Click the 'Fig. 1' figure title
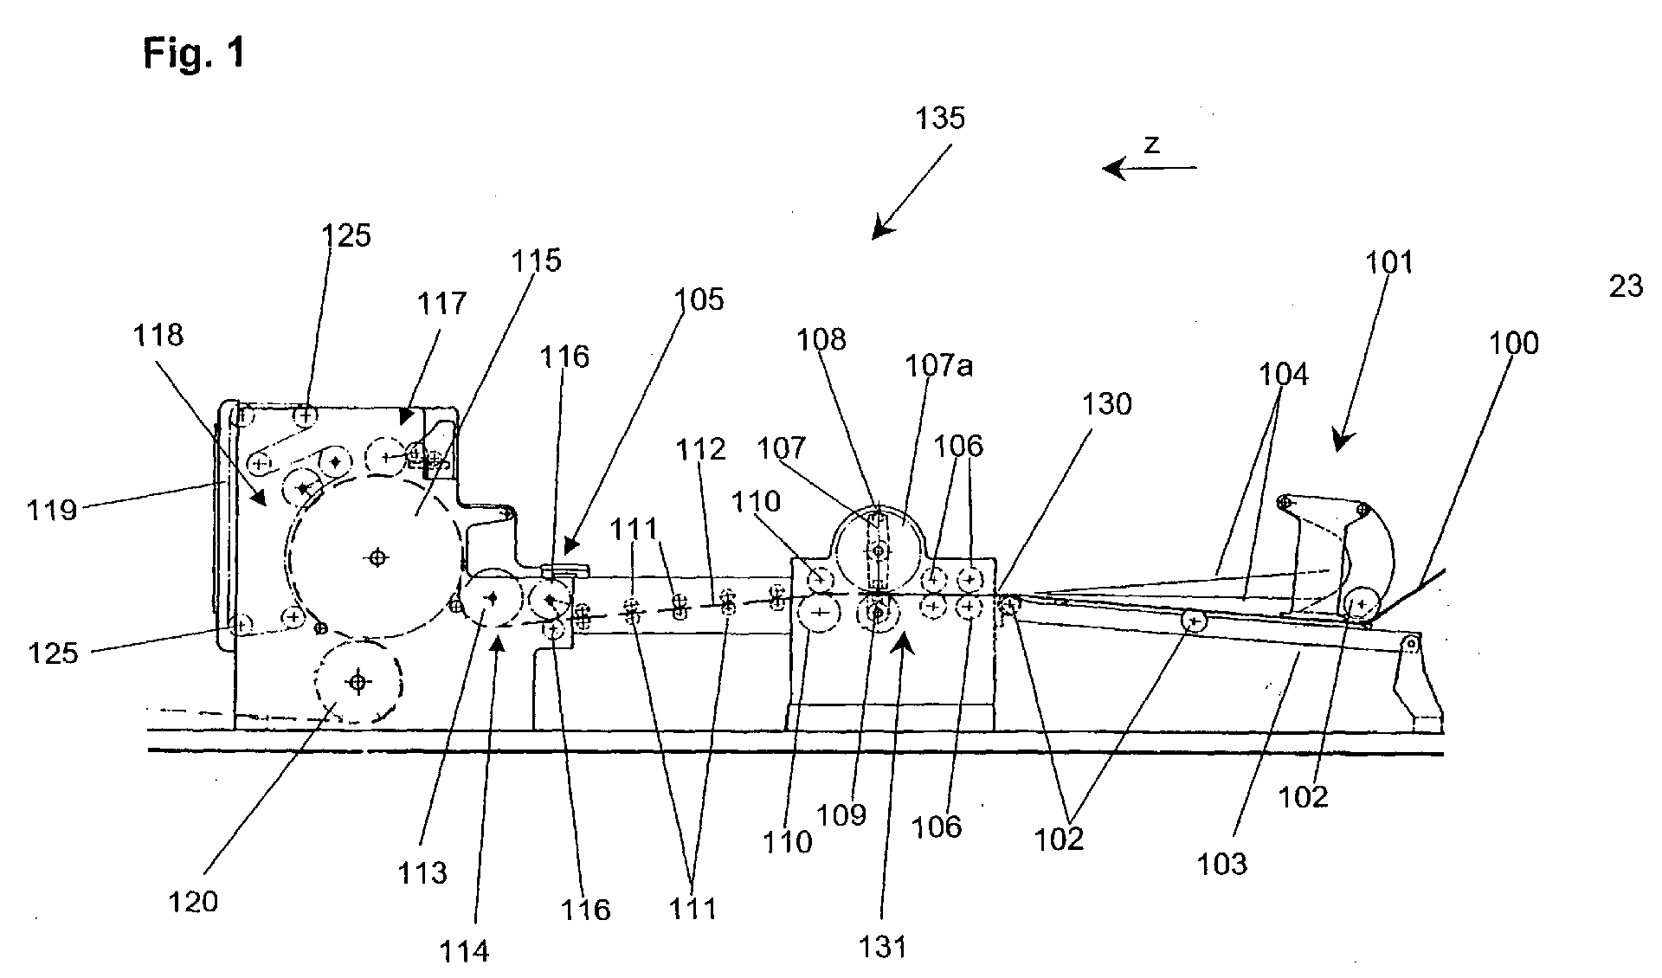pyautogui.click(x=194, y=54)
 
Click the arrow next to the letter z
pyautogui.click(x=1150, y=168)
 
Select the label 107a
pyautogui.click(x=939, y=366)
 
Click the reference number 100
pyautogui.click(x=1514, y=344)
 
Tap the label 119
pyautogui.click(x=52, y=510)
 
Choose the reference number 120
pyautogui.click(x=194, y=902)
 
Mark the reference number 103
pyautogui.click(x=1223, y=863)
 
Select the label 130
pyautogui.click(x=1107, y=404)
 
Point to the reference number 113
pyautogui.click(x=422, y=872)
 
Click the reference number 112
pyautogui.click(x=702, y=449)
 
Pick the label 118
pyautogui.click(x=158, y=335)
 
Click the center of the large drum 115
pyautogui.click(x=376, y=558)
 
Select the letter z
pyautogui.click(x=1150, y=145)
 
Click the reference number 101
pyautogui.click(x=1388, y=262)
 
